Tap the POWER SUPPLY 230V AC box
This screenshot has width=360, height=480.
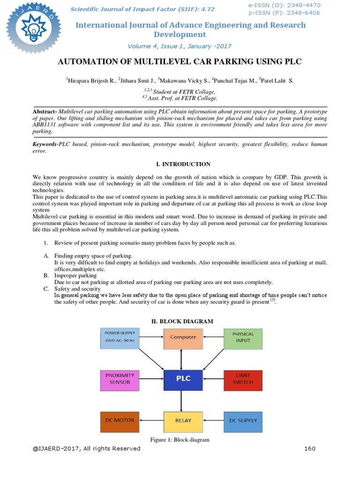pos(120,338)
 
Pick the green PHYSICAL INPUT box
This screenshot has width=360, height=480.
pos(243,338)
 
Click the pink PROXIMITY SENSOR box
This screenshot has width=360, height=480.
pos(120,380)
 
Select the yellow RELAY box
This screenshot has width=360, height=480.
pos(183,421)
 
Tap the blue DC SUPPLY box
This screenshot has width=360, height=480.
pos(243,421)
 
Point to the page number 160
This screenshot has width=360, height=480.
pos(309,449)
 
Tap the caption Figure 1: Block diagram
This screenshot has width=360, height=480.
pos(180,440)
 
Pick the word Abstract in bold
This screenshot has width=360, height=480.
pos(44,112)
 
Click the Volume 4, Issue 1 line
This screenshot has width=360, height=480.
pos(180,46)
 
